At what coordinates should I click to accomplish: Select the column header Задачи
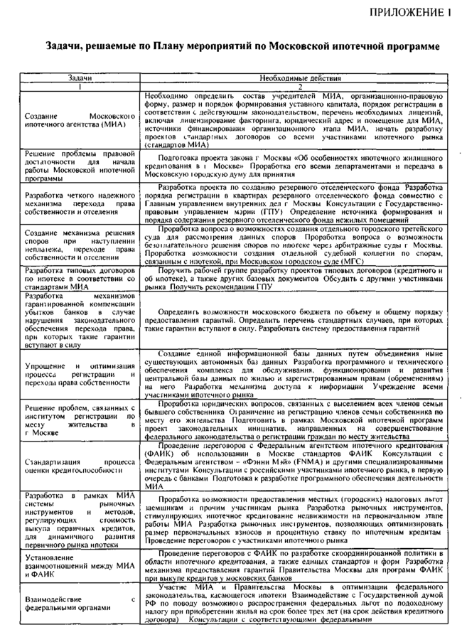80,77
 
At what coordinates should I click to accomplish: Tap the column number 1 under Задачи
80,86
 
